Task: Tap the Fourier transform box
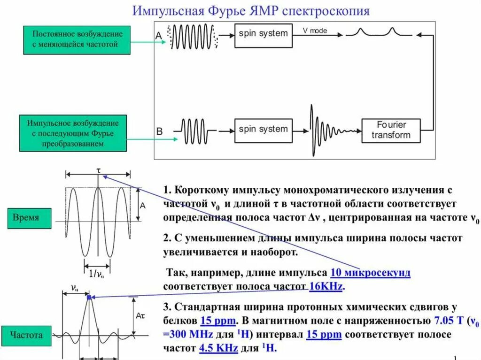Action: coord(391,130)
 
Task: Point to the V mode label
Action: coord(315,31)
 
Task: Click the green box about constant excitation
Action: coord(77,39)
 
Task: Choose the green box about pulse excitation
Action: coord(72,133)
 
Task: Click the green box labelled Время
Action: coord(26,218)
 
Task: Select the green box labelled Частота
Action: coord(27,335)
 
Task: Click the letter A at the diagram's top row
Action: coord(159,35)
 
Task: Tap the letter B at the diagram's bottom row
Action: coord(159,132)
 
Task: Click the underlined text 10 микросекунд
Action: coord(370,273)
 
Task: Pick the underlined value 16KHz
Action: coord(326,286)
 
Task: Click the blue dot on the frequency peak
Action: coord(88,297)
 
